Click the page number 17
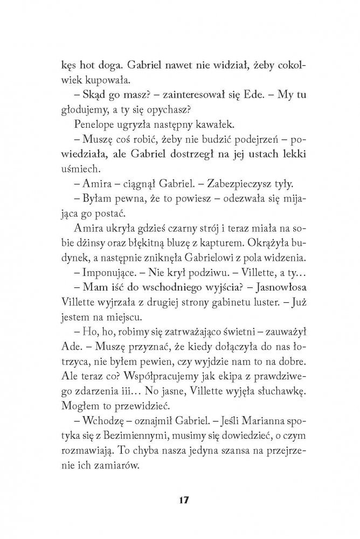pos(180,500)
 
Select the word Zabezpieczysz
pos(213,184)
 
